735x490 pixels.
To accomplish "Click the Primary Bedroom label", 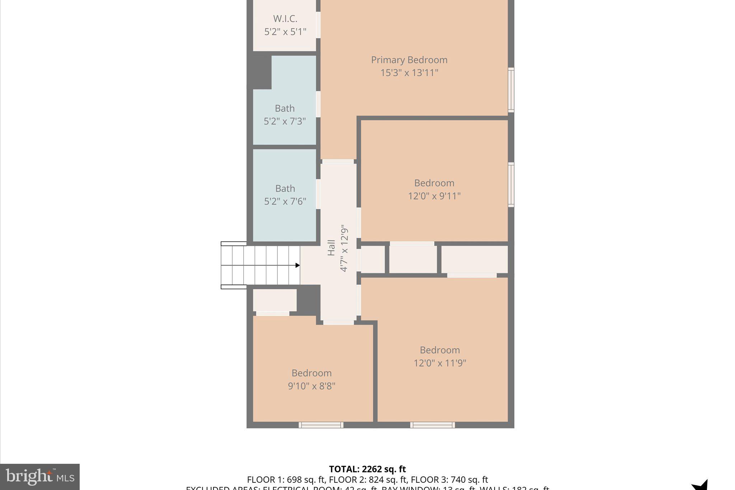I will pos(409,60).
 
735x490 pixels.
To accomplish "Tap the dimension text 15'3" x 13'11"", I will pos(409,73).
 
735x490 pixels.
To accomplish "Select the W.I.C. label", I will pos(285,19).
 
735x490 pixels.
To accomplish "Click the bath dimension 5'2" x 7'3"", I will pos(285,121).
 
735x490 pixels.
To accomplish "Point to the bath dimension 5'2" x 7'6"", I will pos(285,201).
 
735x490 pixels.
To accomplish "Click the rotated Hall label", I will pos(331,248).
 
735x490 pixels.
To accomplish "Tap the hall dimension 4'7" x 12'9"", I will pos(344,248).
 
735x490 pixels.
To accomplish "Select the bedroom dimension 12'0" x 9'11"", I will pos(434,196).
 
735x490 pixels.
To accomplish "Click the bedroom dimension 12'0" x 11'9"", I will pos(440,363).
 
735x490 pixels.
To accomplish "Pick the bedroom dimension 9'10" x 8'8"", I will pos(311,386).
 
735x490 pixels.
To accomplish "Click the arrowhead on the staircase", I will pos(297,265).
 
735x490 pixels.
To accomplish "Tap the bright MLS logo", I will pos(39,477).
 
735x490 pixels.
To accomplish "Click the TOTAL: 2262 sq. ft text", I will pos(367,469).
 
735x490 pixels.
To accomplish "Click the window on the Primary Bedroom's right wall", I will pos(511,90).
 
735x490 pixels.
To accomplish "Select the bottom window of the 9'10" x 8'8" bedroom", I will pos(321,425).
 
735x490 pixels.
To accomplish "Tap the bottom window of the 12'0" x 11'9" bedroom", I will pos(432,425).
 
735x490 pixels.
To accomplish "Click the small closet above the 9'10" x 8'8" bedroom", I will pos(275,300).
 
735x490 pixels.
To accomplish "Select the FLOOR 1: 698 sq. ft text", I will pos(286,480).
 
